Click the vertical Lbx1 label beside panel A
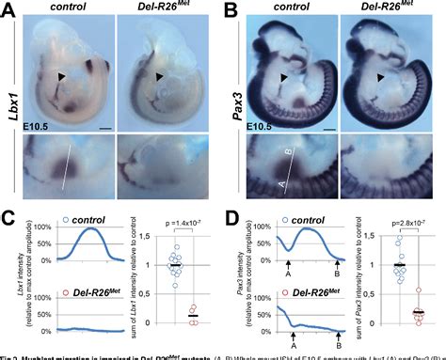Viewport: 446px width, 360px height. tap(15, 94)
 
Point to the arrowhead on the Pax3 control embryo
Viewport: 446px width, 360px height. tap(284, 77)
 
